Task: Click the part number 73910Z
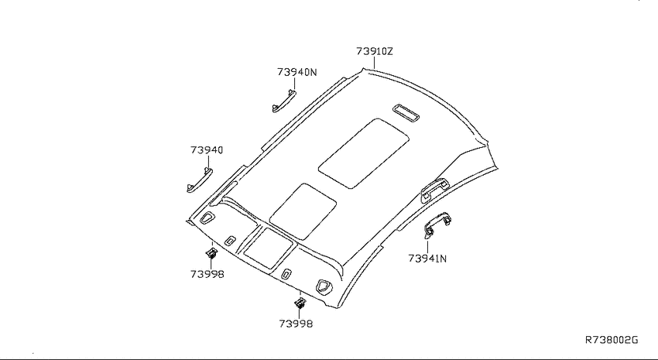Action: tap(375, 51)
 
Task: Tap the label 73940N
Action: tap(296, 72)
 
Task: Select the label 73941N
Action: tap(427, 259)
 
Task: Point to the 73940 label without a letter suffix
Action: tap(207, 149)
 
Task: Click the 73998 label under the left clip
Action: tap(207, 274)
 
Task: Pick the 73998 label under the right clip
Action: tap(296, 324)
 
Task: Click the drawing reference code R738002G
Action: tap(612, 339)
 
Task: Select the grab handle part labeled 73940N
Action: tap(283, 102)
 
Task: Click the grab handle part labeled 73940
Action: tap(199, 180)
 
